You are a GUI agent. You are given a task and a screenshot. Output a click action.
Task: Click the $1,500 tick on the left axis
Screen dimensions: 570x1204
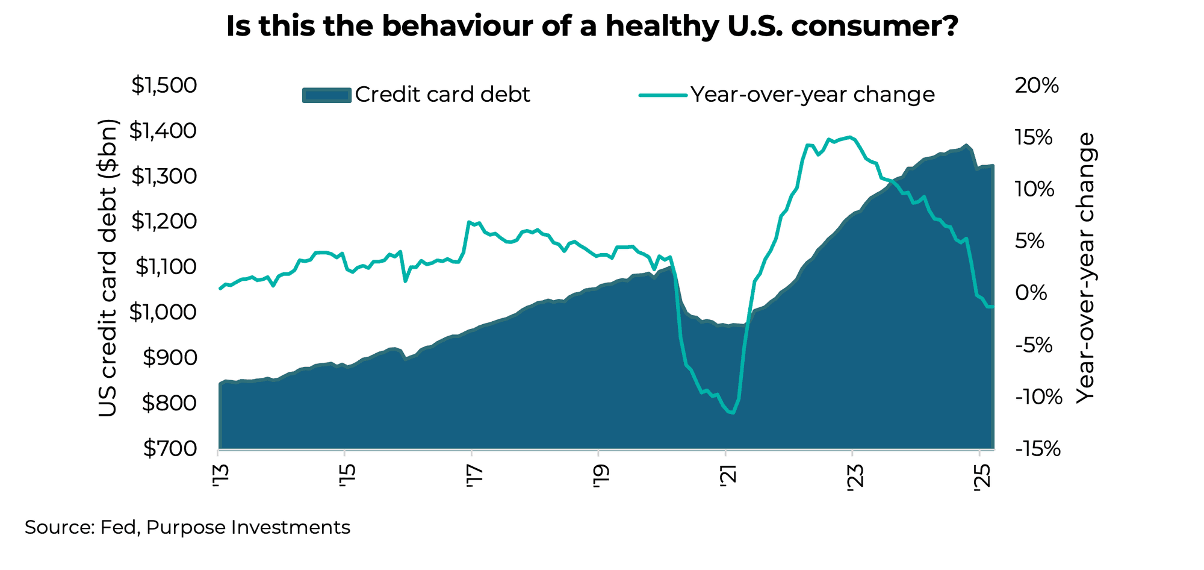pos(164,86)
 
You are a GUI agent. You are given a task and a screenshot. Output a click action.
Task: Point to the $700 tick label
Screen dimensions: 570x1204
pos(169,449)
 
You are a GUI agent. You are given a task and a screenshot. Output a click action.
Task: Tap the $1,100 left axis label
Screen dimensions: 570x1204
pos(166,267)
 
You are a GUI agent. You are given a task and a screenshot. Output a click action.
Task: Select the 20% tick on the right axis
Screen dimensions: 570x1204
pos(1037,86)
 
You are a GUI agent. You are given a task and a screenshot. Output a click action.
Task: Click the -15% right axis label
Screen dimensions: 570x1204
pos(1037,449)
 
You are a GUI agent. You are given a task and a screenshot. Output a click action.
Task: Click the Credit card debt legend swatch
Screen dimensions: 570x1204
pos(326,95)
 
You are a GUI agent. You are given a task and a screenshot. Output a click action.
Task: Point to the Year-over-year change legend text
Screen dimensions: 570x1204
pos(812,95)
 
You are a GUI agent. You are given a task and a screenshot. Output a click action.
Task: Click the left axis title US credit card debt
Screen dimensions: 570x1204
pos(108,268)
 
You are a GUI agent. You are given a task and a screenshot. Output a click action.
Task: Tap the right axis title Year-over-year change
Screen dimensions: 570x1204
pos(1085,268)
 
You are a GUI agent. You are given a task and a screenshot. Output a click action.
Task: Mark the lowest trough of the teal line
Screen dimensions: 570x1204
pos(733,413)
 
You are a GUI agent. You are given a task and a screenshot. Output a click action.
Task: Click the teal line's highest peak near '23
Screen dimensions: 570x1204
pos(849,137)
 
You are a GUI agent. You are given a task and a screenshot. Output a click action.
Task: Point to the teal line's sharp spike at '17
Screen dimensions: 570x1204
pos(469,222)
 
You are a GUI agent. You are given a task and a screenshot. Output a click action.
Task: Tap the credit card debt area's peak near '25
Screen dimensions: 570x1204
pos(966,145)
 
